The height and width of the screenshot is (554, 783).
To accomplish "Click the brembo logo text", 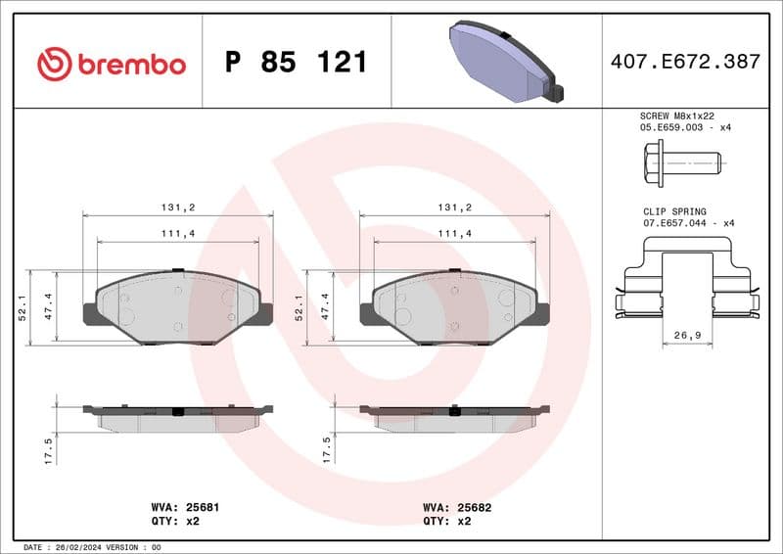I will (x=131, y=65).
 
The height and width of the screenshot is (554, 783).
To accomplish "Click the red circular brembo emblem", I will (x=55, y=65).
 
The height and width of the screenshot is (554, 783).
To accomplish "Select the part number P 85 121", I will (x=296, y=63).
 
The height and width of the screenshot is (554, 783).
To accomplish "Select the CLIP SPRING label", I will (x=674, y=210).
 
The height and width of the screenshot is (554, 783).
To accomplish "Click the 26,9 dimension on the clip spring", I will (x=687, y=335).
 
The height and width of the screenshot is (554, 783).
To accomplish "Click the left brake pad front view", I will (x=178, y=305).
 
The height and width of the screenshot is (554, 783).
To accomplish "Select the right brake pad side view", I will (x=454, y=417).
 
